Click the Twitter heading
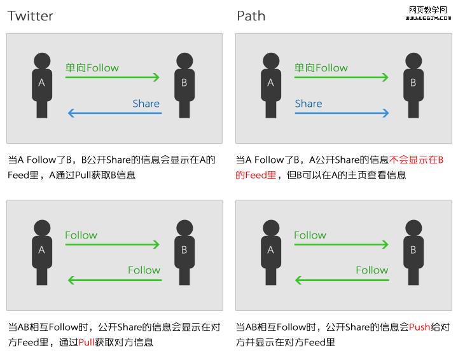tap(31, 16)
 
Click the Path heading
tap(251, 16)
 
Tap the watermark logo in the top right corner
tap(428, 13)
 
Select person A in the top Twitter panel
tap(42, 85)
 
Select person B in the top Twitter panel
tap(184, 85)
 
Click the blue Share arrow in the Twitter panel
tap(114, 114)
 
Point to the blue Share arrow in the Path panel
tap(342, 114)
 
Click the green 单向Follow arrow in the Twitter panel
tap(112, 78)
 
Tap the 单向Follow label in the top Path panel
tap(321, 68)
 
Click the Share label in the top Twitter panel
tap(146, 104)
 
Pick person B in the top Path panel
tap(413, 85)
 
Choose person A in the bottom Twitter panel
tap(42, 253)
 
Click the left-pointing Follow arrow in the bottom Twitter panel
tap(114, 280)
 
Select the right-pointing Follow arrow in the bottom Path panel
tap(341, 244)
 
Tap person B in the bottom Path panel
tap(413, 253)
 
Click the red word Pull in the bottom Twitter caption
tap(87, 342)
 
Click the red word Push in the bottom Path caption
tap(419, 328)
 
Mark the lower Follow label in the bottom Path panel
tap(372, 270)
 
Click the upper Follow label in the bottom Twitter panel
tap(81, 235)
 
